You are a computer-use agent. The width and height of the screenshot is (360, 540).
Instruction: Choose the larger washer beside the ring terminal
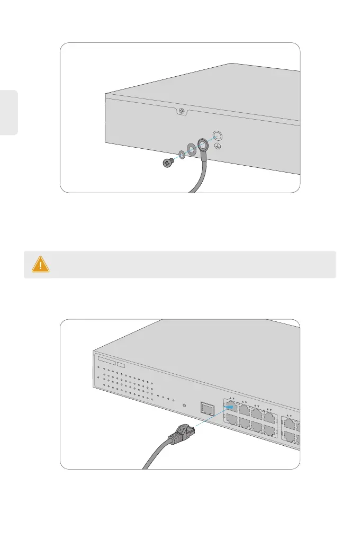click(x=191, y=148)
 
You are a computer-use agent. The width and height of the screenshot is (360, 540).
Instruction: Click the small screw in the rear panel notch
click(x=182, y=111)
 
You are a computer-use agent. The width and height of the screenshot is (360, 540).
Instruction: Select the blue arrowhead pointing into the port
click(x=229, y=406)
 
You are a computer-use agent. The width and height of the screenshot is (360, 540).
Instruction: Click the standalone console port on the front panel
click(x=206, y=407)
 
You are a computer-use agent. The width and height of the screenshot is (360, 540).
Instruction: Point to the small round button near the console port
click(x=184, y=406)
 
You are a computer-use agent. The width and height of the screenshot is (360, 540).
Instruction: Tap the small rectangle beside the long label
click(x=121, y=365)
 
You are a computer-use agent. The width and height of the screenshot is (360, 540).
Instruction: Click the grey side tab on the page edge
click(x=9, y=112)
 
